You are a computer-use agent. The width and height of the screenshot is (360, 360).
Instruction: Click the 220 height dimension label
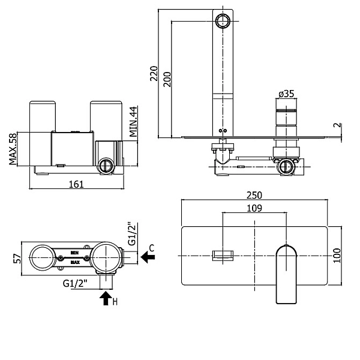pos(154,73)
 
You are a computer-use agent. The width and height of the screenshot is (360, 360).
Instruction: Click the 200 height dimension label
pos(167,79)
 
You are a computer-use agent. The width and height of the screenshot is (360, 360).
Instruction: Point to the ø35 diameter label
pos(286,94)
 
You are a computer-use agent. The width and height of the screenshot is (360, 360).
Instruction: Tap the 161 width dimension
pos(76,184)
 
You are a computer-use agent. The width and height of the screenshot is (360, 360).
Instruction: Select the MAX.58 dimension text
pos(13,149)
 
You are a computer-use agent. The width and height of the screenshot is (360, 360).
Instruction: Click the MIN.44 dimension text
pos(133,122)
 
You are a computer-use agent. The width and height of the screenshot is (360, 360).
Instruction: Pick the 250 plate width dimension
pos(254,195)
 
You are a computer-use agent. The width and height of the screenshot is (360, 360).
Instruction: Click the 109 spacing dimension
pos(254,208)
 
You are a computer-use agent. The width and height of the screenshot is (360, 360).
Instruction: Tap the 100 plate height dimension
pos(337,256)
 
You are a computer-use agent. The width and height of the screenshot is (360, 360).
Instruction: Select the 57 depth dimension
pos(17,259)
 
